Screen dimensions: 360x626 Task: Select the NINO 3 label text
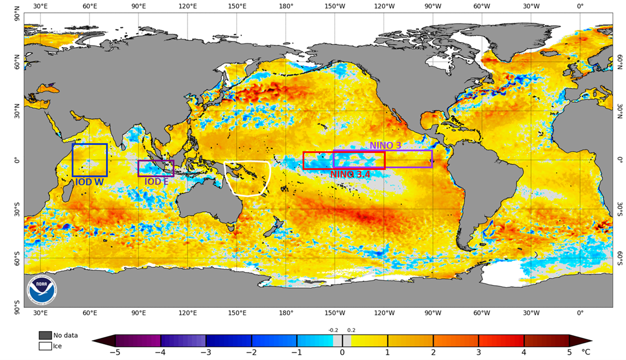click(385, 146)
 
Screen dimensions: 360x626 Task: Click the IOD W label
click(89, 181)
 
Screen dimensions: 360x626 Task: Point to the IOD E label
click(156, 182)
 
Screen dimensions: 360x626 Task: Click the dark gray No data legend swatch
click(46, 336)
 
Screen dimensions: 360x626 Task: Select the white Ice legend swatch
click(46, 346)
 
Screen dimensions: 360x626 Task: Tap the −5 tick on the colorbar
click(115, 352)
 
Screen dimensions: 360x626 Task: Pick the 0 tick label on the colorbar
click(342, 352)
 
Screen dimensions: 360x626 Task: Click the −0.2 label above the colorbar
click(333, 330)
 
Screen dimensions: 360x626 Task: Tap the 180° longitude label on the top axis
click(286, 6)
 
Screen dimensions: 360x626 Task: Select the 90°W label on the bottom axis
click(433, 313)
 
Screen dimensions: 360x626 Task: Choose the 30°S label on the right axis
click(620, 209)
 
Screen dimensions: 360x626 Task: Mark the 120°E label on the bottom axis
click(187, 313)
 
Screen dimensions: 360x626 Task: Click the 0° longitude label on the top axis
click(580, 6)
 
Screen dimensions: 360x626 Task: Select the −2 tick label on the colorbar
click(251, 352)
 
